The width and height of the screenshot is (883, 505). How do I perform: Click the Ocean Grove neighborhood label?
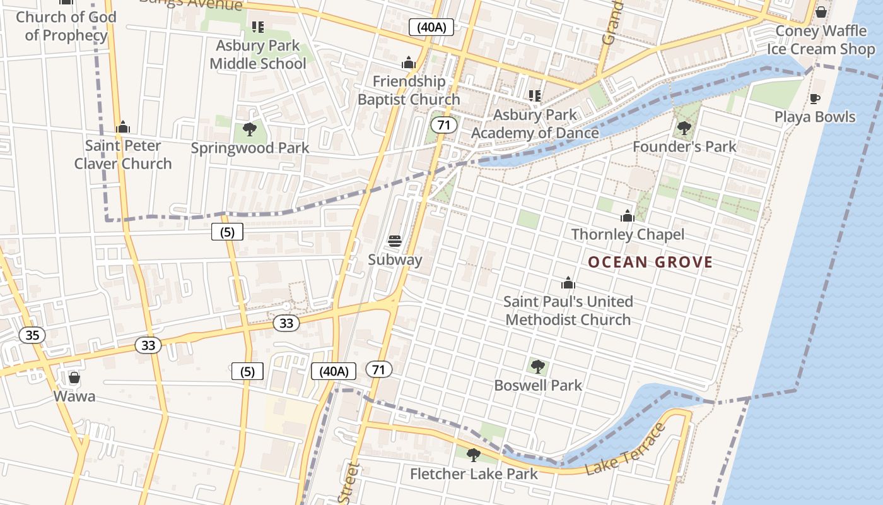(650, 262)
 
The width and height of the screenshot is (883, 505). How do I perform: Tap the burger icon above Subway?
(395, 241)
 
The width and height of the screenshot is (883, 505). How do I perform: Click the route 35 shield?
(32, 335)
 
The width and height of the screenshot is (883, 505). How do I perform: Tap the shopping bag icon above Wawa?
(74, 377)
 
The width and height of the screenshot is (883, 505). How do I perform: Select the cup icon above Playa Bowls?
(815, 98)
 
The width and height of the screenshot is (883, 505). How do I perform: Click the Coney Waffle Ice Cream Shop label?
(821, 40)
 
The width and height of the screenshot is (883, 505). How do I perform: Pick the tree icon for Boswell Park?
(538, 366)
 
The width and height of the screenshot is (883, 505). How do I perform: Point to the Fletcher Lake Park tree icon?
(473, 454)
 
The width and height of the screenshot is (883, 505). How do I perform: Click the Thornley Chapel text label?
(628, 234)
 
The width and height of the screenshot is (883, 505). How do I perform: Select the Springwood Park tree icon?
(250, 129)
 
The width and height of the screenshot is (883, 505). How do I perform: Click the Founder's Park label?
(684, 146)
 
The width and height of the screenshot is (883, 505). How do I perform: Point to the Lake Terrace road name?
(625, 450)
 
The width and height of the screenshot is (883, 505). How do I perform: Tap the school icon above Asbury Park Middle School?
(257, 27)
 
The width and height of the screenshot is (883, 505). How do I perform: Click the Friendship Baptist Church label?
(409, 90)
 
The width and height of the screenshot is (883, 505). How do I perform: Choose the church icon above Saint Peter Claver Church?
(123, 127)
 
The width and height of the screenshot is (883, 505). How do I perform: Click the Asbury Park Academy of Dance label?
(535, 124)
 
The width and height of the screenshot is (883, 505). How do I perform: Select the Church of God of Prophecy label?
(66, 26)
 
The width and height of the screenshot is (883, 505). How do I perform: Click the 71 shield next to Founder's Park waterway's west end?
(444, 124)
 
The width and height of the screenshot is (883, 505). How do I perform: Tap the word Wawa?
(74, 396)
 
